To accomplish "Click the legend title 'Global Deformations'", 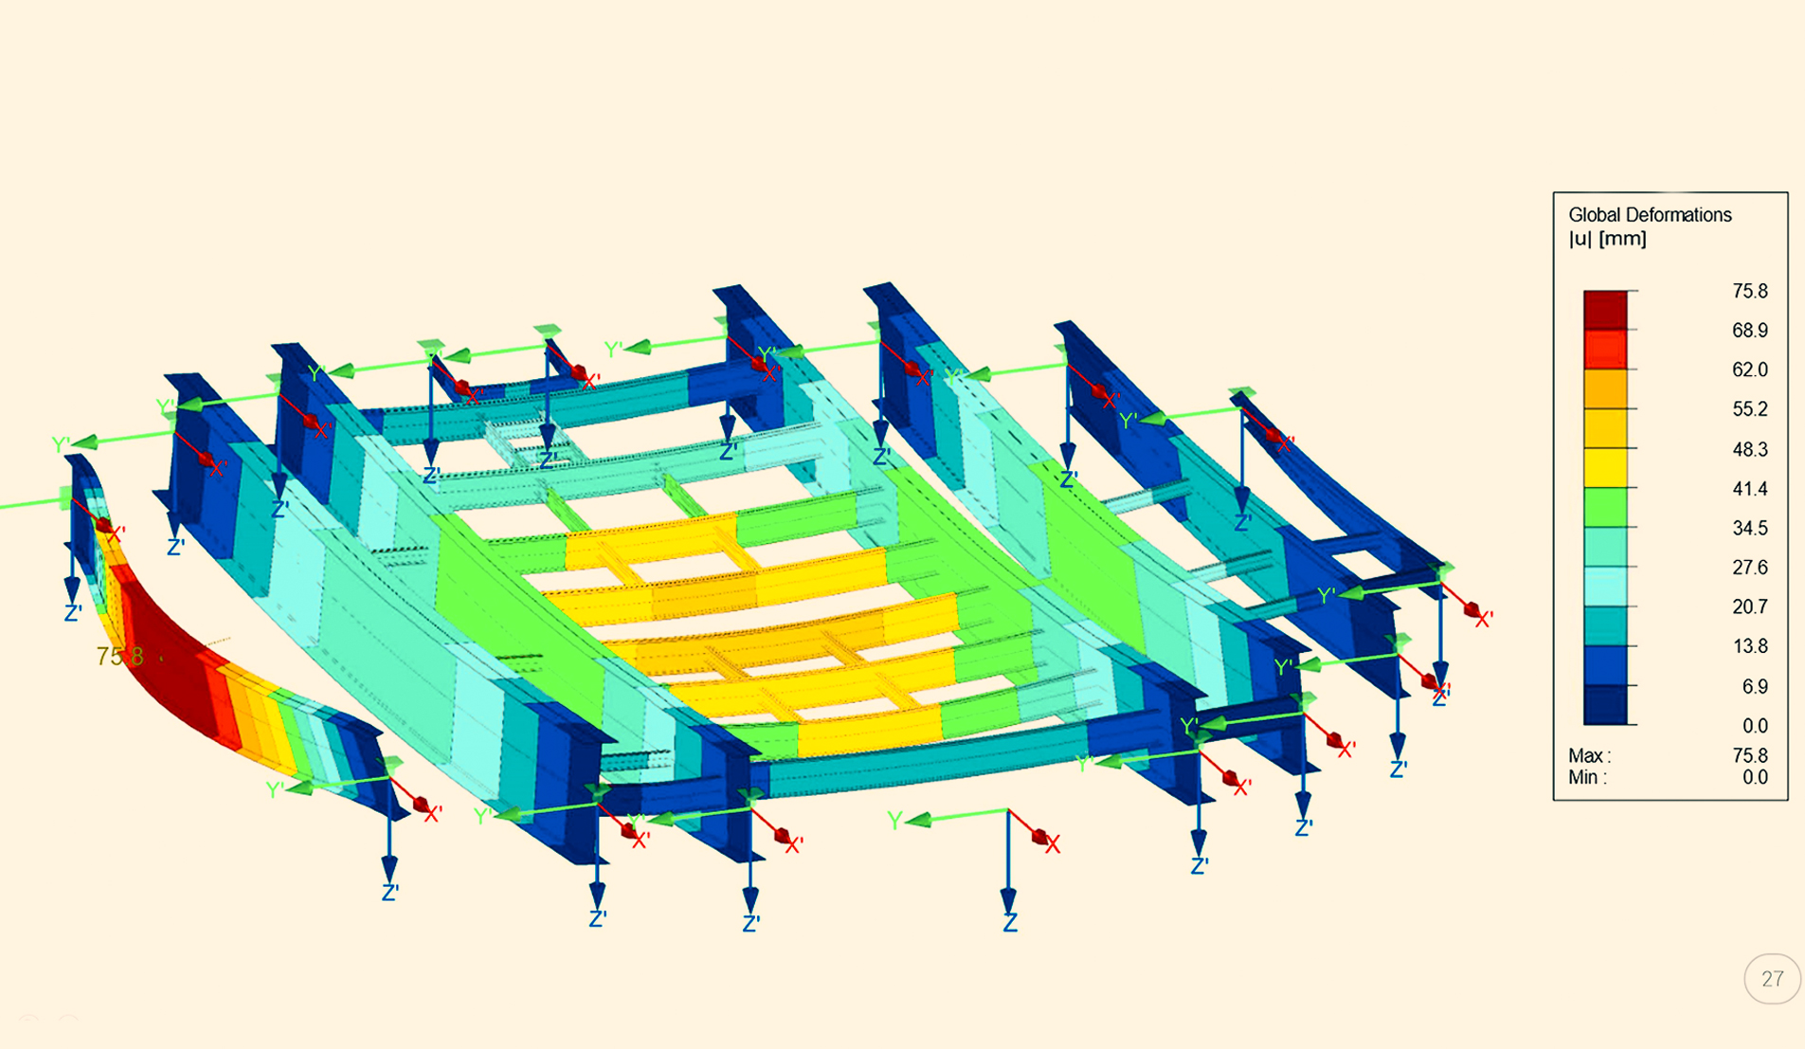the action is coord(1650,215).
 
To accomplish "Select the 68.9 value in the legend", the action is coord(1749,330).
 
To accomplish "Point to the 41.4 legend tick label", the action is coord(1749,489).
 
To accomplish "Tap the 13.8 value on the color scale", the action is coord(1749,646).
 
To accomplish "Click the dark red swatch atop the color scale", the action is coord(1605,310).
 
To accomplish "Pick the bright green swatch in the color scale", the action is coord(1605,507).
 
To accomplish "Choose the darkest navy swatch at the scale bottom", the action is coord(1605,705).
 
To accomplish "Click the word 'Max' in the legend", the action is coord(1586,756).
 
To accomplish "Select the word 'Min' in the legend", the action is coord(1584,778).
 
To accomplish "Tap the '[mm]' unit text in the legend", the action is coord(1622,239).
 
